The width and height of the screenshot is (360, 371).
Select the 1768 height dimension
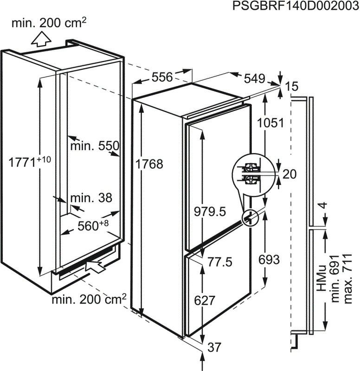(150, 164)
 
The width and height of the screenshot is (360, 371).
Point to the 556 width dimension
(162, 77)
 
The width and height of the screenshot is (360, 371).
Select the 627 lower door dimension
(205, 300)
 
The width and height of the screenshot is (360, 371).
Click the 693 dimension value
(269, 260)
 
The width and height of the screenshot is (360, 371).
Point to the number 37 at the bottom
(214, 346)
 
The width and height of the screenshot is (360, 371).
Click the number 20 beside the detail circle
(289, 174)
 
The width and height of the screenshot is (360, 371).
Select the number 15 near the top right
(292, 86)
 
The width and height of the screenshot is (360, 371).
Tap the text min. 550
(95, 146)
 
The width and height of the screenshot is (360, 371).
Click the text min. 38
(91, 198)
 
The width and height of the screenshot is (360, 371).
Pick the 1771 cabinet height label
(28, 162)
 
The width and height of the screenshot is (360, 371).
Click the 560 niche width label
(93, 226)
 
